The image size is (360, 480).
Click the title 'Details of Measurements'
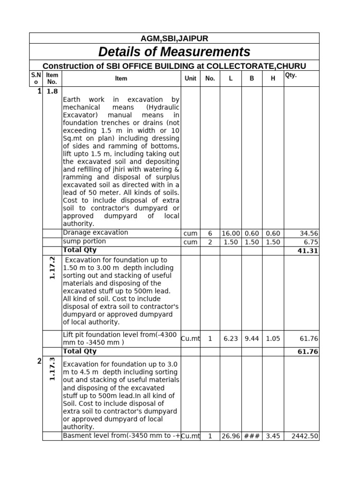(x=174, y=52)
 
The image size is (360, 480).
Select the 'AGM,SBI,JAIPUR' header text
(x=174, y=38)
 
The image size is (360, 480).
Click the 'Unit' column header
(x=190, y=79)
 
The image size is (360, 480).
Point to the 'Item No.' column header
(x=52, y=79)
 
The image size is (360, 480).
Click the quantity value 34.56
(x=308, y=233)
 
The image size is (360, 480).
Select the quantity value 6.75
(x=311, y=242)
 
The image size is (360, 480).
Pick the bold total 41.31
(x=308, y=251)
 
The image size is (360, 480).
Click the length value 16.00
(x=231, y=233)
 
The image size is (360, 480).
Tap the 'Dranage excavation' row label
(x=95, y=232)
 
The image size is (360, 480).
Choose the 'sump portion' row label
(x=84, y=241)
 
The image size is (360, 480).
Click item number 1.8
(x=52, y=91)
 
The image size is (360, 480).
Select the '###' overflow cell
(x=252, y=436)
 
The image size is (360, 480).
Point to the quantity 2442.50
(x=305, y=436)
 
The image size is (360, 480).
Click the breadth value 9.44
(x=252, y=338)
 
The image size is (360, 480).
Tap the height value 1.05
(x=273, y=338)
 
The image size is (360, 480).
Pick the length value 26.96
(x=231, y=436)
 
